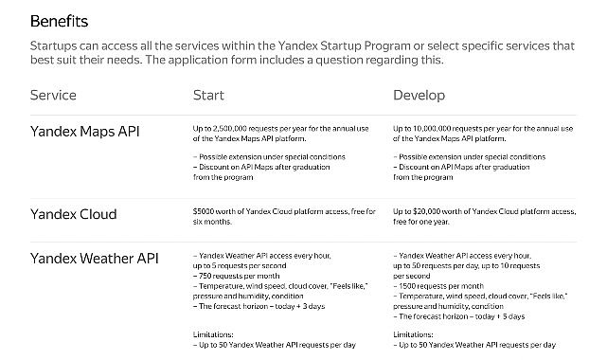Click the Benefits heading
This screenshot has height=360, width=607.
pyautogui.click(x=60, y=21)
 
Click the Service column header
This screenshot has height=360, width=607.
pyautogui.click(x=53, y=96)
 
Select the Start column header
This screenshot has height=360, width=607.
pyautogui.click(x=208, y=96)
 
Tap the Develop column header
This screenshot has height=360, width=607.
pyautogui.click(x=420, y=96)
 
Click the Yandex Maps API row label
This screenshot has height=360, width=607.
pyautogui.click(x=85, y=132)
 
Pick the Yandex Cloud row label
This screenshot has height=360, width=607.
pyautogui.click(x=74, y=214)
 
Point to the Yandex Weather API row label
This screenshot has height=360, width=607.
pyautogui.click(x=95, y=259)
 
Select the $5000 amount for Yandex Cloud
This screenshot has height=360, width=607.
pyautogui.click(x=204, y=211)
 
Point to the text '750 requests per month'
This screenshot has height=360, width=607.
pyautogui.click(x=240, y=276)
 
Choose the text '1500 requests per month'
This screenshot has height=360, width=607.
pyautogui.click(x=441, y=286)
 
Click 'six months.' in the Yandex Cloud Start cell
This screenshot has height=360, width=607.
pyautogui.click(x=212, y=222)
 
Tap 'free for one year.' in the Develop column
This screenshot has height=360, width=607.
pyautogui.click(x=421, y=222)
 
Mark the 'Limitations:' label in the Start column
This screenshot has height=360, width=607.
pyautogui.click(x=213, y=334)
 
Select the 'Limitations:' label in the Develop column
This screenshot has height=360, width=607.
pyautogui.click(x=413, y=334)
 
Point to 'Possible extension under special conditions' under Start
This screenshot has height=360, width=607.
pyautogui.click(x=272, y=156)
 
